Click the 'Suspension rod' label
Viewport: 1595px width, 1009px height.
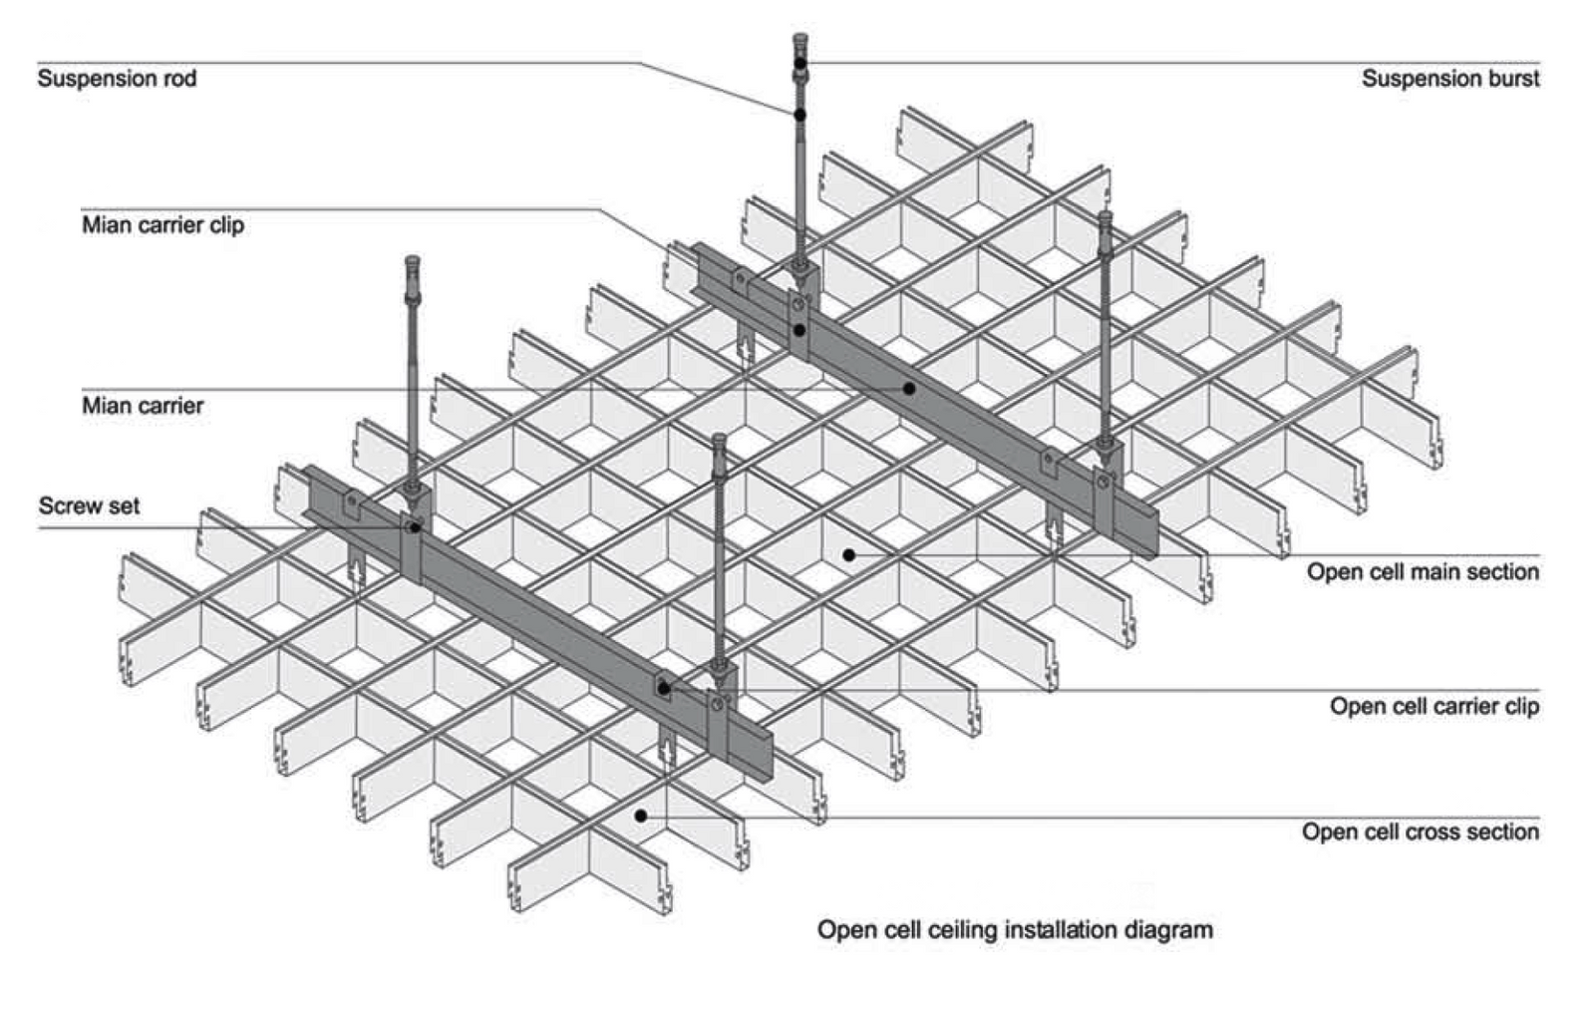pyautogui.click(x=117, y=79)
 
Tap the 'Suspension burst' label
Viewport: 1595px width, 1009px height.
pyautogui.click(x=1449, y=79)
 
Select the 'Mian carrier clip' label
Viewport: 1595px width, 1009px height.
pyautogui.click(x=162, y=225)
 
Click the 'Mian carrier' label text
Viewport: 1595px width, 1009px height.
pyautogui.click(x=143, y=406)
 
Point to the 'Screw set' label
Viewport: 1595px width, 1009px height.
pyautogui.click(x=89, y=506)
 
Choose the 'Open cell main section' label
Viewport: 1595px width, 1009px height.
pyautogui.click(x=1423, y=572)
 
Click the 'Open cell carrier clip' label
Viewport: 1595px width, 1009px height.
pyautogui.click(x=1434, y=707)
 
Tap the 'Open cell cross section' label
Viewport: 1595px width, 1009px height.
pyautogui.click(x=1420, y=833)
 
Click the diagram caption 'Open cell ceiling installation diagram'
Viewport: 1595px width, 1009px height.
pyautogui.click(x=1015, y=930)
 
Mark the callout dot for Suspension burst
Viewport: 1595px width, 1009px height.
pyautogui.click(x=800, y=63)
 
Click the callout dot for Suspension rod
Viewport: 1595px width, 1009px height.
pyautogui.click(x=799, y=116)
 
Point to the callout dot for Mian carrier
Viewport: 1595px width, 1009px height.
pyautogui.click(x=909, y=388)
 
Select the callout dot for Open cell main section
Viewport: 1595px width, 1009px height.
pyautogui.click(x=848, y=555)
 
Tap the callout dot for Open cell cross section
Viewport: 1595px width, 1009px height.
pyautogui.click(x=641, y=816)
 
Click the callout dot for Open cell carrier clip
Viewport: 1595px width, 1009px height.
pyautogui.click(x=664, y=689)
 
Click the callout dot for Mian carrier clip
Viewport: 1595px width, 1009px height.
pyautogui.click(x=799, y=329)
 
